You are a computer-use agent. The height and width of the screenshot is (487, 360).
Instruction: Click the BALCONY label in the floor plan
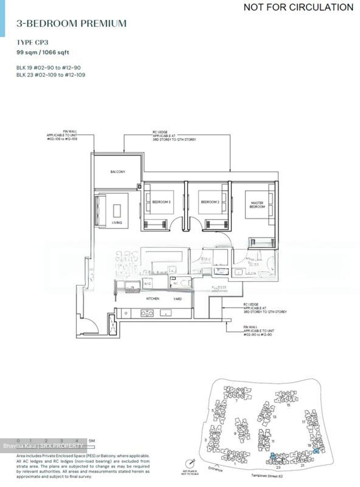tap(118, 172)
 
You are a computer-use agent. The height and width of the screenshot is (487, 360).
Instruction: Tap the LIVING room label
tap(117, 223)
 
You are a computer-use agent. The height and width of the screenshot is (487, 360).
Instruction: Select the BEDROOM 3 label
tap(161, 202)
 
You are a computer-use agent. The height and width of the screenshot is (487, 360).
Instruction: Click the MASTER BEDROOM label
tap(257, 205)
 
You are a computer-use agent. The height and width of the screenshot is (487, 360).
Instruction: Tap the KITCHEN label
tap(153, 299)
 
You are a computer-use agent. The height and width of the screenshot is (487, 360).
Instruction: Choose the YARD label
tap(177, 299)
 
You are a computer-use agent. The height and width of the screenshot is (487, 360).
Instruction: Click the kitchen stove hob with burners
tap(147, 314)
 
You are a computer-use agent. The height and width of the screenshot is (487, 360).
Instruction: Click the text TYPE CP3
tap(32, 42)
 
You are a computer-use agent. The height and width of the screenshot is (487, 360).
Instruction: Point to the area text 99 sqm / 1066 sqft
tap(43, 52)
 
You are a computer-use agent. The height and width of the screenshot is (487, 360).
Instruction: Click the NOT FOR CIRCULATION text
tap(298, 7)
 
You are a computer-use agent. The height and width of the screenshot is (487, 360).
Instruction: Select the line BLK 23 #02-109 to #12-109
tap(51, 75)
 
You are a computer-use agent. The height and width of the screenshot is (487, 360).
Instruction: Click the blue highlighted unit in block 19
tap(316, 451)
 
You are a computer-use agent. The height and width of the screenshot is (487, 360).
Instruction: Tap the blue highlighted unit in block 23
tap(273, 456)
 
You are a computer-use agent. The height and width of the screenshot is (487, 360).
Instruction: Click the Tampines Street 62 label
tap(267, 476)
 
